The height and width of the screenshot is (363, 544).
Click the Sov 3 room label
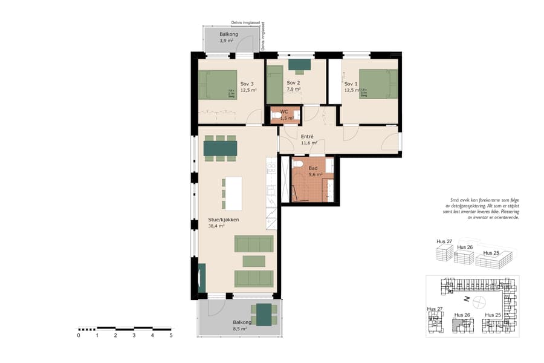(x=247, y=83)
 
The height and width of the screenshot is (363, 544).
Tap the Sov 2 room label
(x=293, y=83)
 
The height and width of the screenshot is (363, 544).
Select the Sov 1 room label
(x=351, y=83)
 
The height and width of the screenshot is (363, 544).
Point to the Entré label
(x=308, y=137)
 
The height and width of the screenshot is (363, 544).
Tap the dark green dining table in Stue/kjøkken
(x=220, y=148)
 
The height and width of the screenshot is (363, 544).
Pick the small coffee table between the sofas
(x=254, y=261)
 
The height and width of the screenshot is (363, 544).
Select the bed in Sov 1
(x=378, y=83)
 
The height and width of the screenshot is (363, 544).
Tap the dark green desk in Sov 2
(x=299, y=64)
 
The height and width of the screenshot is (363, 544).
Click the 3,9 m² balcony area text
(x=227, y=41)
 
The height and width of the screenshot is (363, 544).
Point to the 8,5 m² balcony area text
(x=240, y=330)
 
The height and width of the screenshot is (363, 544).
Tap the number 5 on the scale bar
(x=171, y=335)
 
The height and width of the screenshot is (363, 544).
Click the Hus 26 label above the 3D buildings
(x=464, y=247)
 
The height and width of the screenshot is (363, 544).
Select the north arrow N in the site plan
(x=467, y=299)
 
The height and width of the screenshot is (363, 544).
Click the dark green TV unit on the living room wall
(x=202, y=278)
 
